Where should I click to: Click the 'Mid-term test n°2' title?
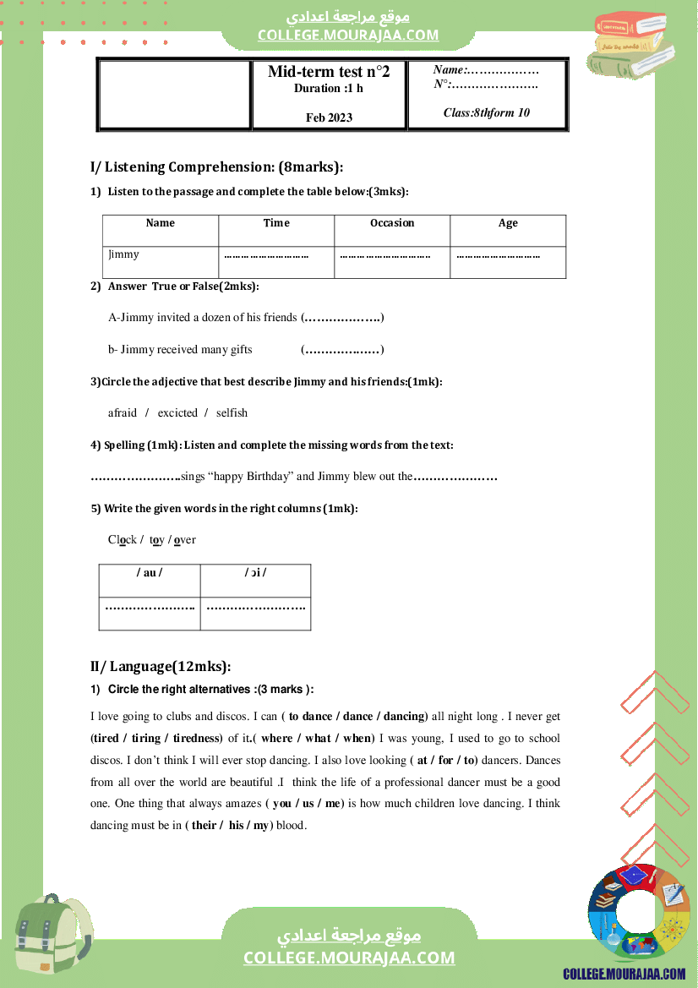point(329,72)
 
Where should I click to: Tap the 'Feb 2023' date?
point(329,117)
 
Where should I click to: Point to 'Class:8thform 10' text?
point(487,112)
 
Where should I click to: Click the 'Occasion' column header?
point(392,223)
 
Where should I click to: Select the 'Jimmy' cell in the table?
point(123,254)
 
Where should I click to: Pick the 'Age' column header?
point(508,223)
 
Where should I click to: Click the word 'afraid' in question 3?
point(123,413)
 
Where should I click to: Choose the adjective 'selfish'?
point(232,413)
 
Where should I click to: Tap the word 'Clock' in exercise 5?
point(123,540)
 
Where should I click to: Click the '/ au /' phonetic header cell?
point(150,573)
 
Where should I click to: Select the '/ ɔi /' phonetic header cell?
point(255,573)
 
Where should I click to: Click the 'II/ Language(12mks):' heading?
point(161,666)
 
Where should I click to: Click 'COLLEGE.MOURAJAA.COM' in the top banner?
point(348,35)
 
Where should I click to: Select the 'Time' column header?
point(276,223)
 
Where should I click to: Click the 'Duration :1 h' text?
point(329,89)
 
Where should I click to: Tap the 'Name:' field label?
point(450,70)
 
